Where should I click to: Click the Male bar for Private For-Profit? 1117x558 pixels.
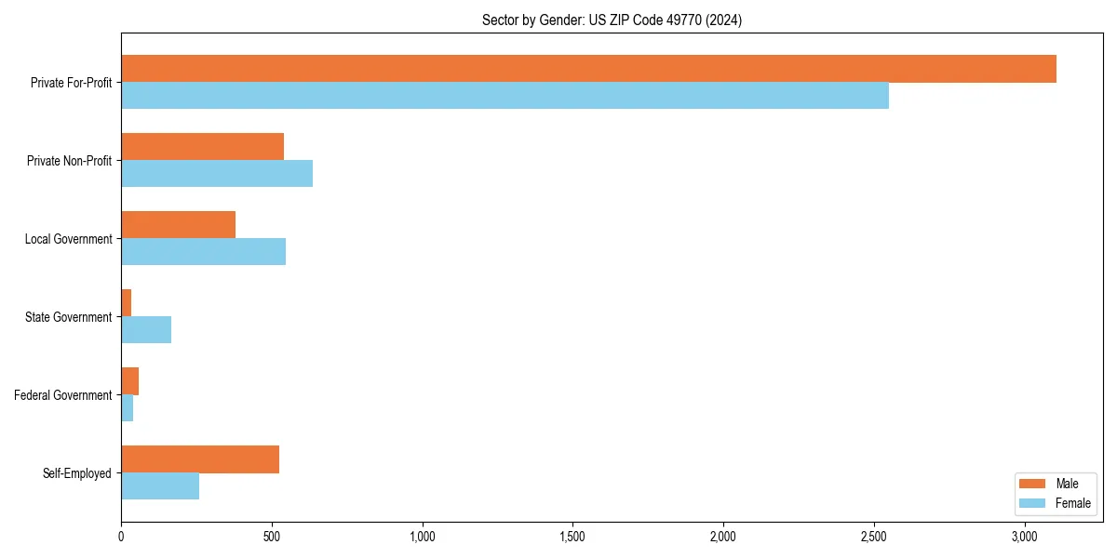click(x=588, y=69)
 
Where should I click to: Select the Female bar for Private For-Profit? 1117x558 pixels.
click(x=505, y=96)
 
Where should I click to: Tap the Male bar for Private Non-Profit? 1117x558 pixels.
click(x=202, y=147)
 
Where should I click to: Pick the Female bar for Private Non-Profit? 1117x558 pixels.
click(x=217, y=174)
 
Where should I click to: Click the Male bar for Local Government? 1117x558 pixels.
click(x=178, y=225)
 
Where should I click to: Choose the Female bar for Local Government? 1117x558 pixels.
click(x=203, y=252)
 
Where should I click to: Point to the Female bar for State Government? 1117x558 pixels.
click(x=146, y=330)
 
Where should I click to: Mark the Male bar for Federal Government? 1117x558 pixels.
click(x=129, y=381)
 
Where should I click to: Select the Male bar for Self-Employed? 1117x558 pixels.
click(x=200, y=459)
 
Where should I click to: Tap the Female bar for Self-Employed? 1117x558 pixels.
click(x=160, y=486)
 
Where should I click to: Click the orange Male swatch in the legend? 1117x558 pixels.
click(x=1032, y=484)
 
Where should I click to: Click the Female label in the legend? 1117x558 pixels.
click(x=1072, y=503)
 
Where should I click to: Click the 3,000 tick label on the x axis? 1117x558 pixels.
click(x=1024, y=538)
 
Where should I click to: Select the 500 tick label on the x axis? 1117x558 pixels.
click(x=272, y=538)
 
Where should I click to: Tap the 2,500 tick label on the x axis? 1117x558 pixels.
click(x=873, y=538)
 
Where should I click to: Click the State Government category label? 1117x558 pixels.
click(x=68, y=317)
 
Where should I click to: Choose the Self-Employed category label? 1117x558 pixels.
click(x=76, y=473)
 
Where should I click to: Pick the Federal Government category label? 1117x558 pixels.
click(x=62, y=395)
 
